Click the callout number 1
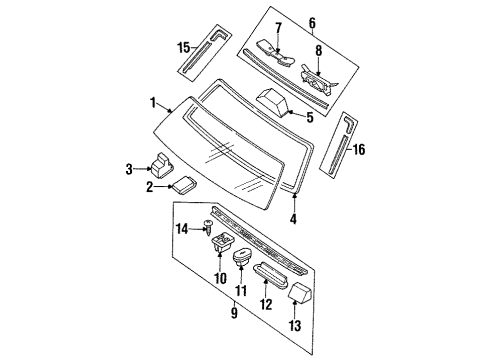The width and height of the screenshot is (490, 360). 153,103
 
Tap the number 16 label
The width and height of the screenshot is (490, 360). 359,149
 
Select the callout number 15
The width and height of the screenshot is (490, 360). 184,48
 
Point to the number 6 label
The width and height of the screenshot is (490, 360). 312,23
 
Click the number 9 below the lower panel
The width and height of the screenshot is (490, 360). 234,313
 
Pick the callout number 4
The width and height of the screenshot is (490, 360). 293,219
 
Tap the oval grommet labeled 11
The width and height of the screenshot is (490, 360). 242,257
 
